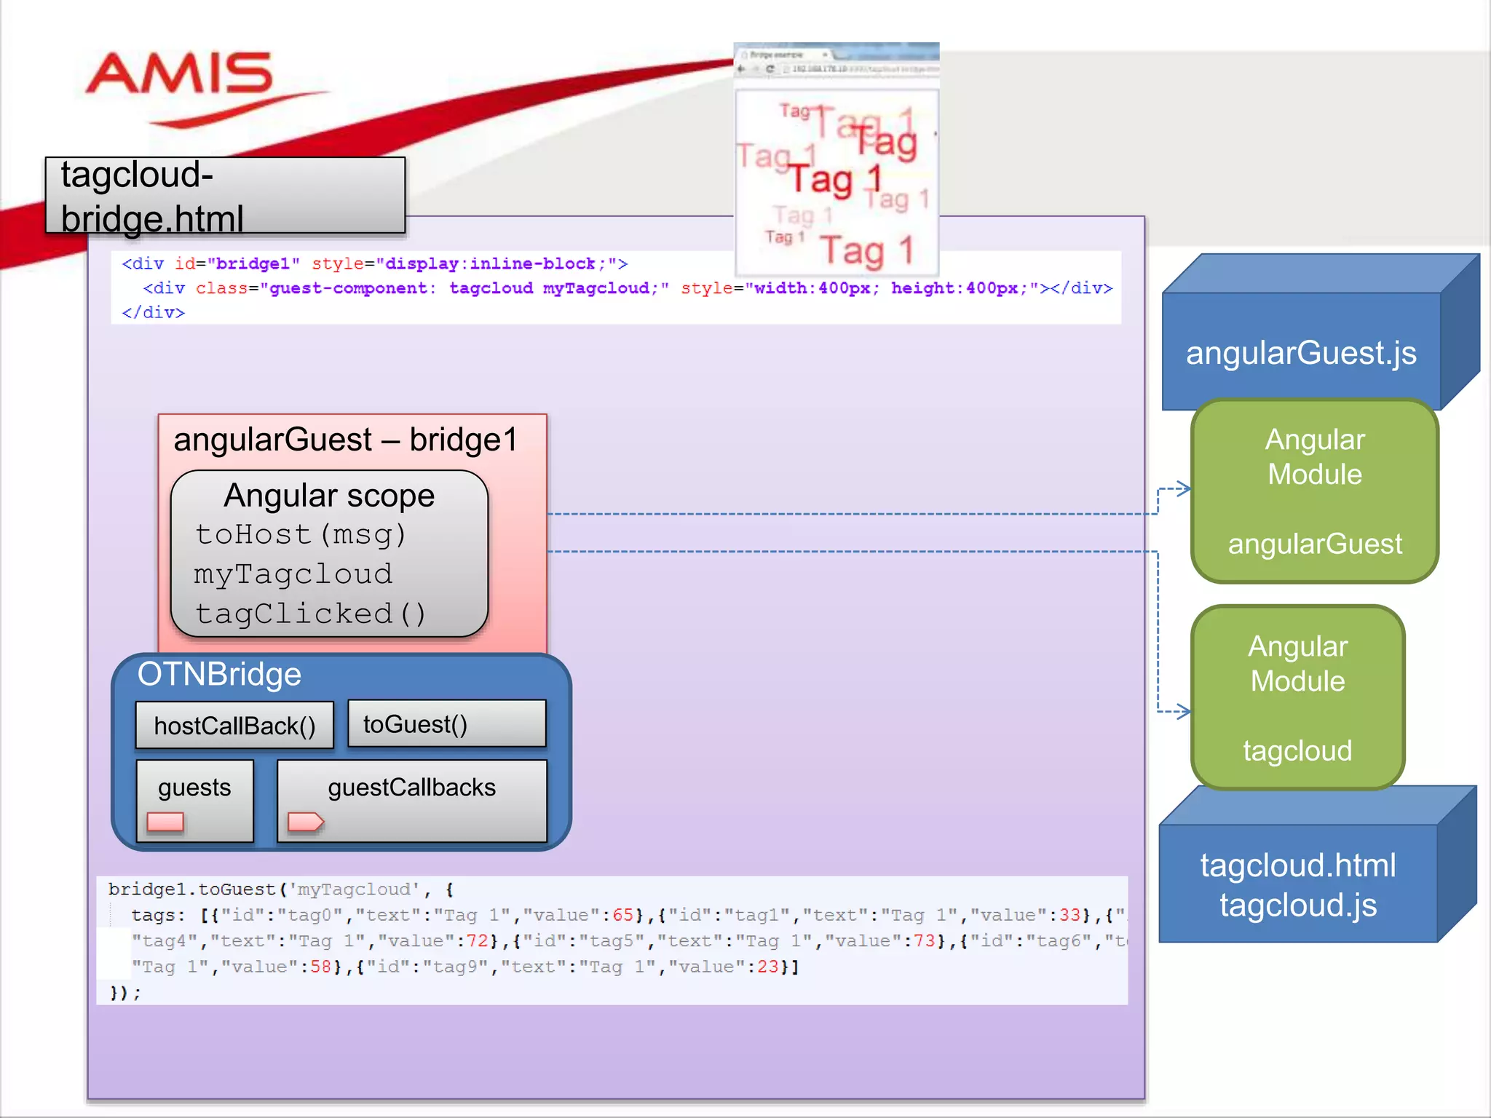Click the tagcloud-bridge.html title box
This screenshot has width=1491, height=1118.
225,196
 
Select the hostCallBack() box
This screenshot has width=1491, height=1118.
234,726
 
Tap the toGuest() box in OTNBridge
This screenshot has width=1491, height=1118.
446,724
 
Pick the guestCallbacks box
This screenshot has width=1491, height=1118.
412,800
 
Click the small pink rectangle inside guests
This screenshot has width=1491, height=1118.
165,822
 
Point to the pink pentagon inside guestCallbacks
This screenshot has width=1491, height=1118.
305,822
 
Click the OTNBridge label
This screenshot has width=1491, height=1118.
219,674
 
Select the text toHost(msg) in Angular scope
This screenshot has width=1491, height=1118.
300,534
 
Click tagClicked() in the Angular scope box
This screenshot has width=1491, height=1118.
310,614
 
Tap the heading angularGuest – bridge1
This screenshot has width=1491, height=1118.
346,440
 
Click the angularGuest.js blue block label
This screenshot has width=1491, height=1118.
1301,353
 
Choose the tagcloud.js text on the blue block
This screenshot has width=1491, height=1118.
1298,905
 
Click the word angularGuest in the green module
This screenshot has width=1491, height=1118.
1315,544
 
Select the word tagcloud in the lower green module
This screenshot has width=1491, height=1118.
1297,750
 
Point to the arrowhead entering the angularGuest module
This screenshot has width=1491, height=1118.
1185,488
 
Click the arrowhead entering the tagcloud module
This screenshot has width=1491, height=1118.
1185,711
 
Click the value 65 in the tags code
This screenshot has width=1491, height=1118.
622,915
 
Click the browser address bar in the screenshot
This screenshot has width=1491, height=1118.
859,69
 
